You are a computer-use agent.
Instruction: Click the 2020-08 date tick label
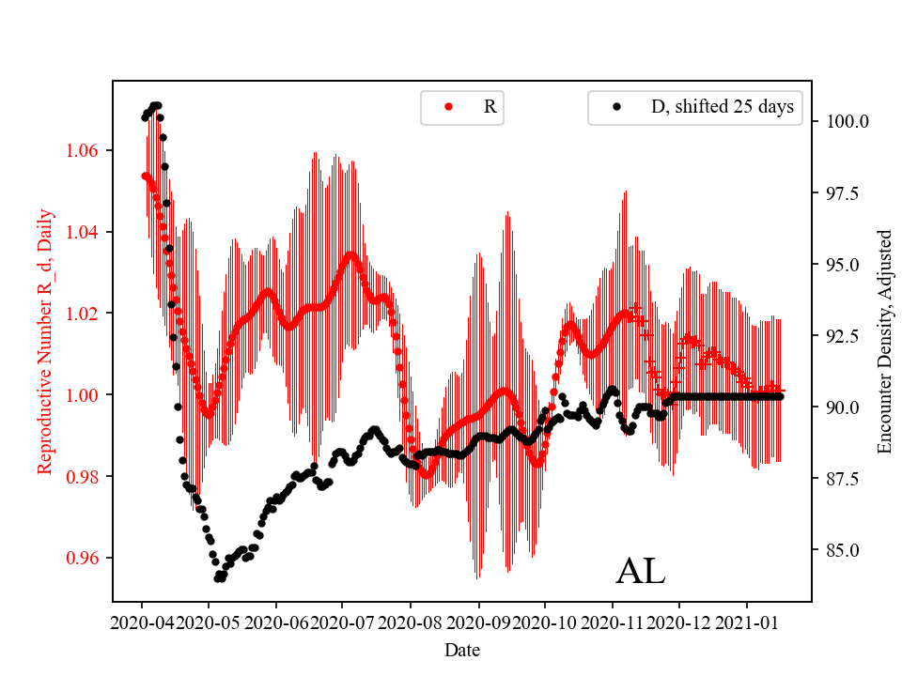click(x=411, y=622)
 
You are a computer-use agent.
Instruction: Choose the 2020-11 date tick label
click(x=613, y=622)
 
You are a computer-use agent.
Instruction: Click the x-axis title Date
click(x=461, y=650)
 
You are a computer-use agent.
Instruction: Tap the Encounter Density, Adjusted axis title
click(x=884, y=341)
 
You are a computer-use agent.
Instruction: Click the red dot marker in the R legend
click(x=448, y=107)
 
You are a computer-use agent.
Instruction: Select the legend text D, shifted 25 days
click(x=722, y=107)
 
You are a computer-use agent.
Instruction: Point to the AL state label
click(x=640, y=572)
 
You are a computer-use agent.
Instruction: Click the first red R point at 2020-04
click(x=145, y=176)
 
